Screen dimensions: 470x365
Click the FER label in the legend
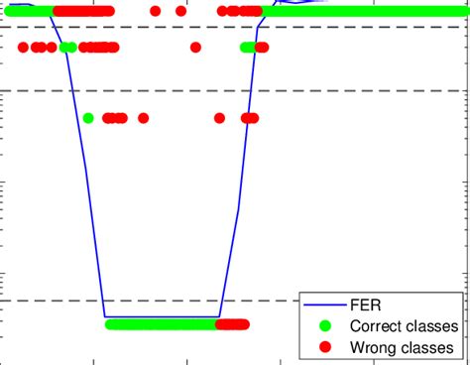365,304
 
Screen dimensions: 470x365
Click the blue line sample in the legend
320,304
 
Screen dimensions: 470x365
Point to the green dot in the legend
320,325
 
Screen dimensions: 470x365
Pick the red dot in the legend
320,347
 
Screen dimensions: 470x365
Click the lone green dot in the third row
88,118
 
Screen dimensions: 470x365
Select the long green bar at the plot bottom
159,323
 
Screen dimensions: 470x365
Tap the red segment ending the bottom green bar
233,323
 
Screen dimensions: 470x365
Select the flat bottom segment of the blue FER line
159,316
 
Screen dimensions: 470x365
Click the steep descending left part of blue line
84,179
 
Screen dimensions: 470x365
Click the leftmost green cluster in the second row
67,47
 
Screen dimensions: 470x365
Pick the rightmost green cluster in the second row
248,47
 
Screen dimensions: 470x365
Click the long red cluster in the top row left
82,11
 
